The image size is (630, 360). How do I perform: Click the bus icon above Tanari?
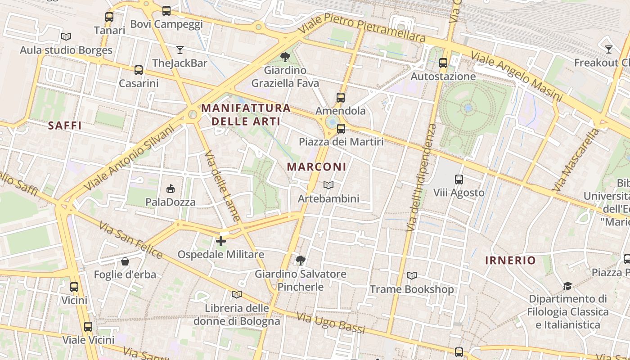coord(109,17)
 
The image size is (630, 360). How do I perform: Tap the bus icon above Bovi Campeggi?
coord(166,11)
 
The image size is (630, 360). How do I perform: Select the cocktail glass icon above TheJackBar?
coord(180,49)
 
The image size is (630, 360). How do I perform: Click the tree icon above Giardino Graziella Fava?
coord(285,57)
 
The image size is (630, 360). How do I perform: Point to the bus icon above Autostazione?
coord(443,63)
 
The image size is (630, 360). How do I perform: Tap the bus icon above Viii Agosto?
coord(459,180)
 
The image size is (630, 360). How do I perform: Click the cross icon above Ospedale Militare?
coord(221,241)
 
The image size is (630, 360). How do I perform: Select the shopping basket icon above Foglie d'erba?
coord(125,261)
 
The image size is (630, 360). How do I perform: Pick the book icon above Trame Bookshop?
coord(412,275)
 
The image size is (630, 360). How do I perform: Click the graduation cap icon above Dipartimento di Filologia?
coord(567,286)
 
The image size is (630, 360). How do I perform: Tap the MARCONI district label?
coord(317,167)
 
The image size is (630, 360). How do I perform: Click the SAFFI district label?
coord(65,126)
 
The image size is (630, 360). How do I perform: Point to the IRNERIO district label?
coord(510,260)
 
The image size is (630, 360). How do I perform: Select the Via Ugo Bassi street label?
coord(331,323)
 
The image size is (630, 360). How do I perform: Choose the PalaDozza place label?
coord(171,202)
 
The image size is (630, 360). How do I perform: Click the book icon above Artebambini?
coord(328,185)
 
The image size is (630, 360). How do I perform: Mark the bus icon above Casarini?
coord(139,70)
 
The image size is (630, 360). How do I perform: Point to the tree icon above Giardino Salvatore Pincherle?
coord(300,260)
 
